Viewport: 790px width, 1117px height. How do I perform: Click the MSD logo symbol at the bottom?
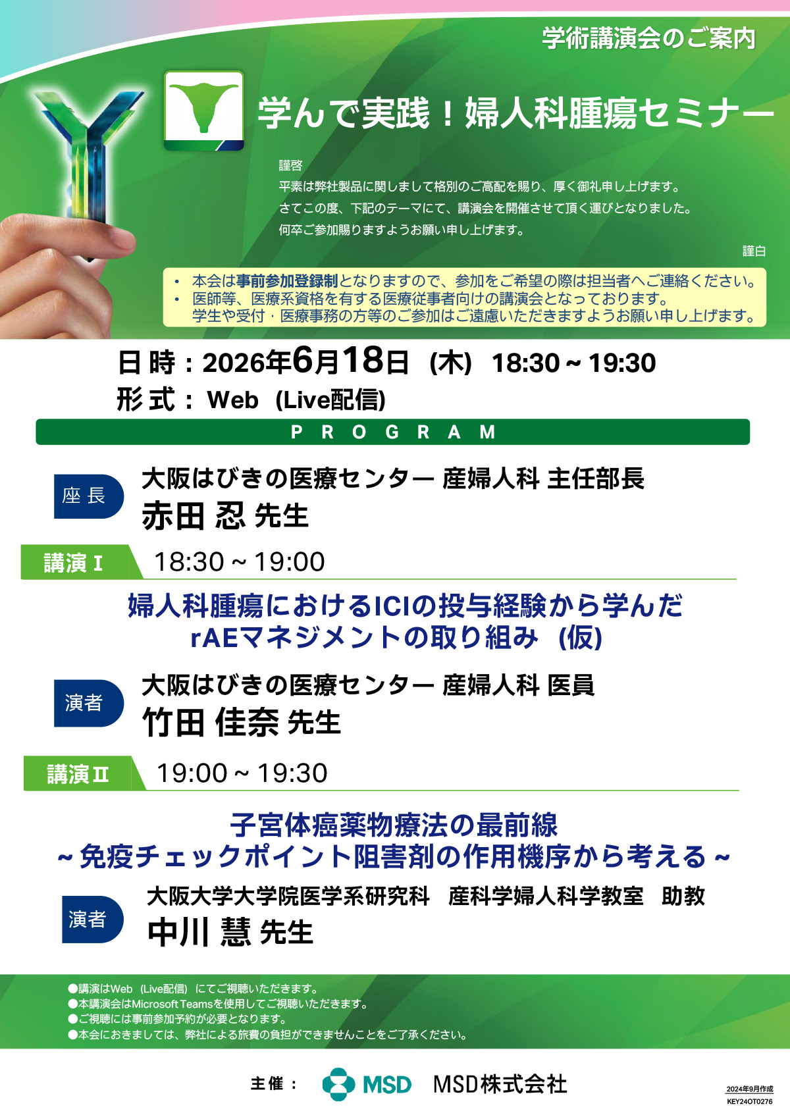pos(338,1084)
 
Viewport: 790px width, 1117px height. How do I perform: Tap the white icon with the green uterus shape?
pos(204,111)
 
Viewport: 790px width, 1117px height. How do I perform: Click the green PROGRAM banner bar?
pos(392,432)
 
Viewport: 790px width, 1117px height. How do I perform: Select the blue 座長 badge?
pos(89,496)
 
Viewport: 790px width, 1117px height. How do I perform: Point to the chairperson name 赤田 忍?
pos(194,515)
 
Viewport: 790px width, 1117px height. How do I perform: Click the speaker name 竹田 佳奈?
pos(210,723)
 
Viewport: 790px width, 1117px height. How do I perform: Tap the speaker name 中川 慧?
pos(199,932)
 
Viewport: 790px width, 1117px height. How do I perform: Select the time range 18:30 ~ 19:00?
pos(240,562)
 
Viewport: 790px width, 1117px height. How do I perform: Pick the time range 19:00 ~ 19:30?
pos(242,773)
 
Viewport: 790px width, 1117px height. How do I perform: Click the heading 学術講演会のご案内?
pos(649,38)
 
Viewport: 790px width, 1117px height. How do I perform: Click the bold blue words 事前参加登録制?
pos(287,281)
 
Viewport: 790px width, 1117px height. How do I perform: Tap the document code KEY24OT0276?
pos(750,1102)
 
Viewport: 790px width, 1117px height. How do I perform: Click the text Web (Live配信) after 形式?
pos(296,400)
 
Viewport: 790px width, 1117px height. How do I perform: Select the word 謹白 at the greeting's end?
pos(754,251)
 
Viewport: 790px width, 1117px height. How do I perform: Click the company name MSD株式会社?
pos(500,1084)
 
